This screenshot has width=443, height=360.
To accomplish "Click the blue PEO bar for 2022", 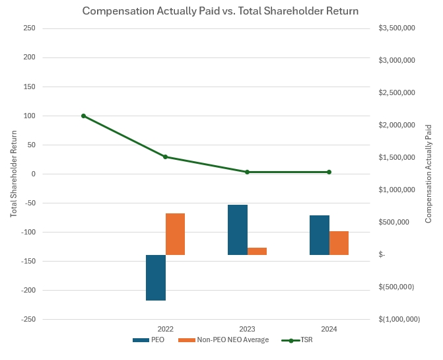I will pos(156,277).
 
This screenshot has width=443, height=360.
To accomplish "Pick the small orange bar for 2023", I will pos(257,251).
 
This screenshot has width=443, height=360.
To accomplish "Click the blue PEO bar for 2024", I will pos(320,235).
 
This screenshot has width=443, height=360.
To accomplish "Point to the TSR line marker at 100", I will pos(84,116).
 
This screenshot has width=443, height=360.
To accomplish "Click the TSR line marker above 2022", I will pos(166,157).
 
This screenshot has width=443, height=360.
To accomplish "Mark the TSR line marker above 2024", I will pos(329,172).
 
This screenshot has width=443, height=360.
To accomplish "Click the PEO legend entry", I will pos(149,340).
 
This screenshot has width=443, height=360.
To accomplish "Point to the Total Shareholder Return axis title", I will pos(13,174).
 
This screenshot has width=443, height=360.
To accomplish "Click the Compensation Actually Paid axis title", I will pos(428,174).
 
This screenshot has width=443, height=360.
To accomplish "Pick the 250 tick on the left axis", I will pos(29,28).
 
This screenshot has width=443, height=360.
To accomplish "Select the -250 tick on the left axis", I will pos(28,319).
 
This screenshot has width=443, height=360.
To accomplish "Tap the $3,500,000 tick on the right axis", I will pos(397,28).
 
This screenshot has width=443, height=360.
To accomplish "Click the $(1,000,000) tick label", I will pos(399,319).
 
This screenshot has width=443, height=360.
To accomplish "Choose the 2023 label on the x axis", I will pos(247,329).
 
